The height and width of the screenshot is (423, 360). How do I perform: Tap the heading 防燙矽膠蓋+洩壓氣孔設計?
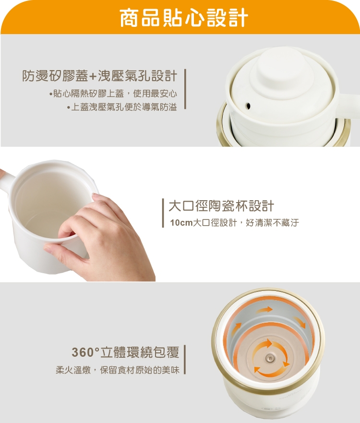(100, 76)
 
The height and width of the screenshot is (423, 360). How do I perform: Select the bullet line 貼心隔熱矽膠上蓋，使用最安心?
(113, 93)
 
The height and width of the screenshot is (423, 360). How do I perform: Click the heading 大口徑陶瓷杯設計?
(221, 206)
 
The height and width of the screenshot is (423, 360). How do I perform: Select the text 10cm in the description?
(181, 223)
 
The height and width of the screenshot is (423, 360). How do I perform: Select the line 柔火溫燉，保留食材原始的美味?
(117, 370)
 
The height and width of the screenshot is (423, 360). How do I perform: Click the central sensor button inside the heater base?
(270, 358)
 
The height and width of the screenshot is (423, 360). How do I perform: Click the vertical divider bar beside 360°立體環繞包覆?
(185, 360)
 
